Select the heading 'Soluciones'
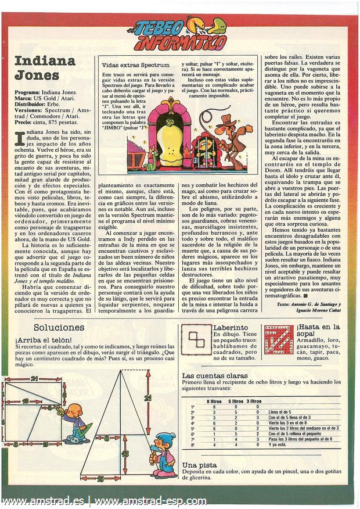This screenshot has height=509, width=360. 59,328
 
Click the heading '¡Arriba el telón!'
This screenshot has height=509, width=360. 44,339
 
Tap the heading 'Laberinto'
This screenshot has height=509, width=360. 231,328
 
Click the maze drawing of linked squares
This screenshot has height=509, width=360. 196,340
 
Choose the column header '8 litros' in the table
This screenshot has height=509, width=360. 216,401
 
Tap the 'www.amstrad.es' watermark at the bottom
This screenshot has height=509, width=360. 44,501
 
